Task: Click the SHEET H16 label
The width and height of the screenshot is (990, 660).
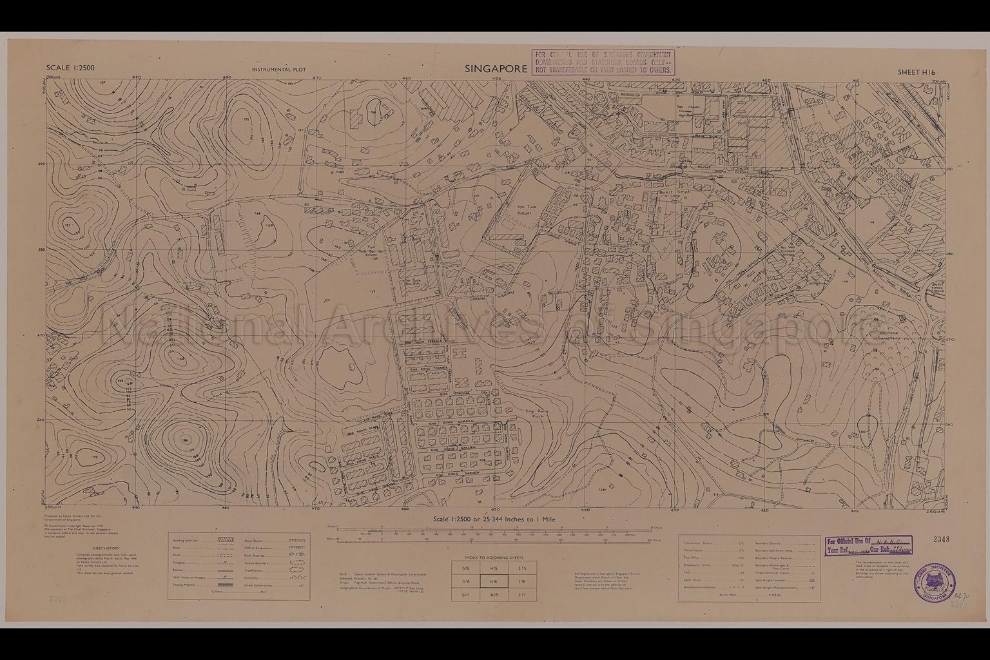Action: (916, 73)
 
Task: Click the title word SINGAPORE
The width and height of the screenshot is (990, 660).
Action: (496, 69)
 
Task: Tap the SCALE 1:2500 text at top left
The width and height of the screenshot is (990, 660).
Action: (70, 68)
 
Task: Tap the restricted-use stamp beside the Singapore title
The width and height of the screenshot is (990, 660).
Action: (602, 62)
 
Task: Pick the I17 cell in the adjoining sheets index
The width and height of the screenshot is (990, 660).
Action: (522, 594)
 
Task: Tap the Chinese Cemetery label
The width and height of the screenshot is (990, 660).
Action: (889, 335)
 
